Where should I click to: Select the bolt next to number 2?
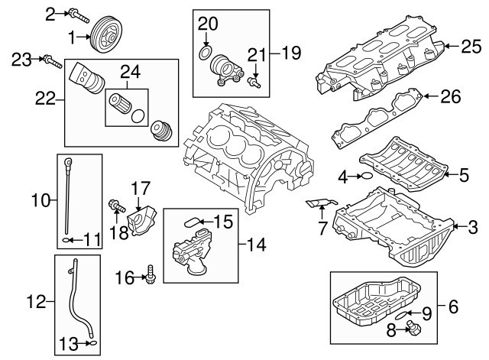point(79,13)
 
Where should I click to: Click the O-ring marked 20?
point(205,52)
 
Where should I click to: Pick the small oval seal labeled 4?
point(367,177)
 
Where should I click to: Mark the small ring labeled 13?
point(93,343)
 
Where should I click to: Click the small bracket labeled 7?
point(316,203)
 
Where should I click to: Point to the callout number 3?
point(473,226)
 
